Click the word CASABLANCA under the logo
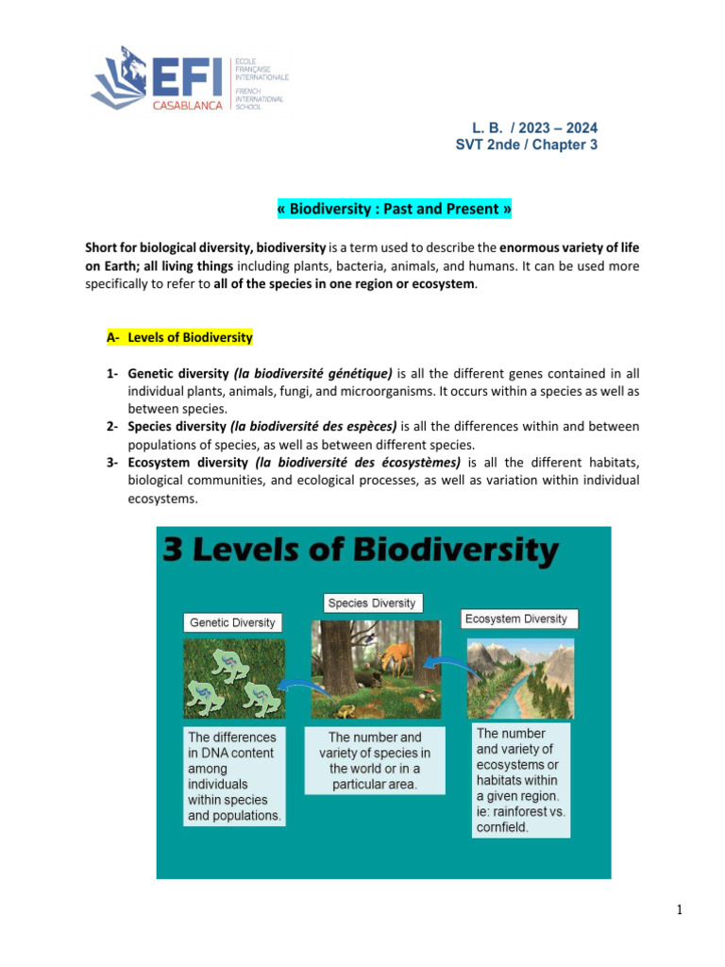[188, 106]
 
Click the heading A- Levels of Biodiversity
[179, 337]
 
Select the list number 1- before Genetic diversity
[113, 373]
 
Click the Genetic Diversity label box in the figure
[232, 622]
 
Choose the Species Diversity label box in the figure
[371, 602]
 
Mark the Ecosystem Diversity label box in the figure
[519, 619]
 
